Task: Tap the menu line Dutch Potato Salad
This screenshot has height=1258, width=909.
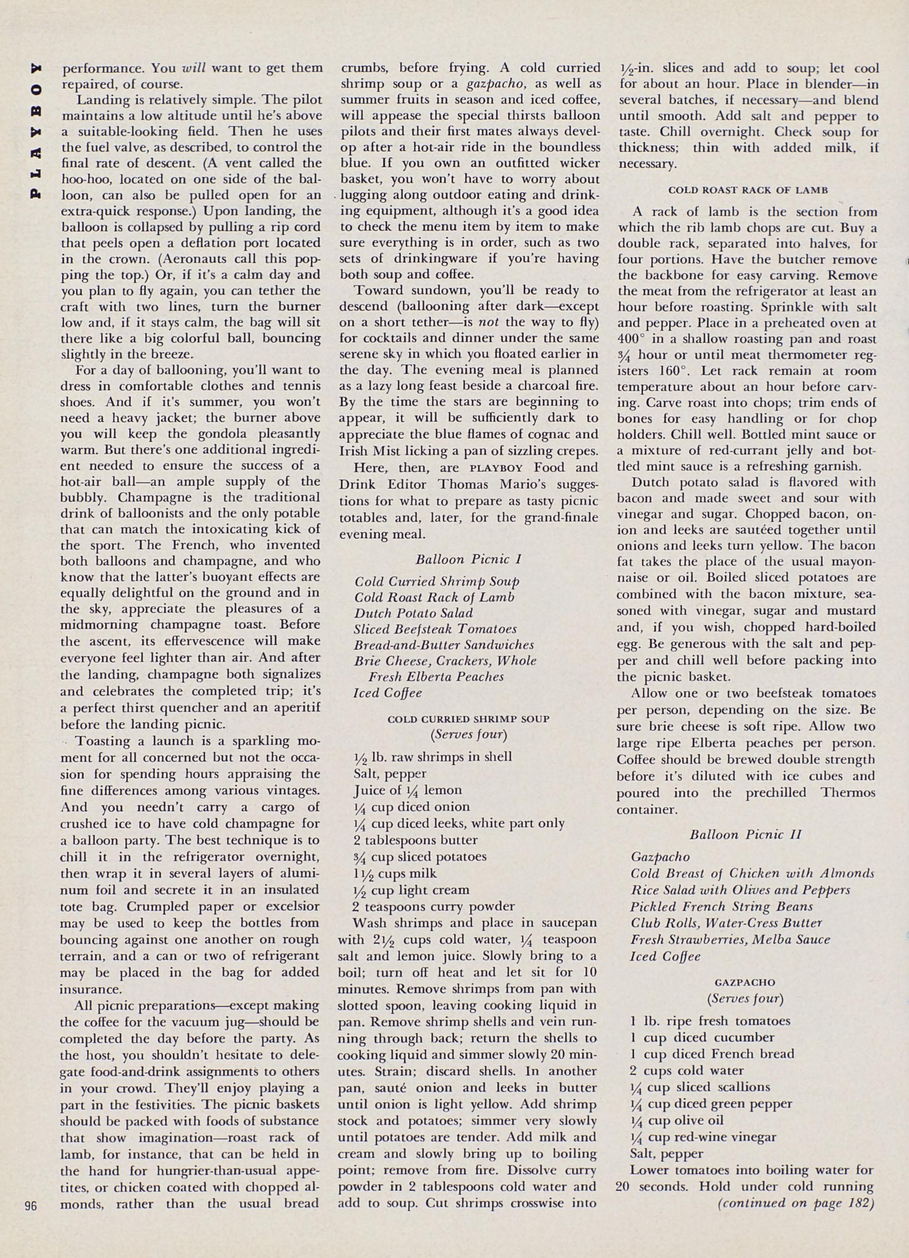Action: pos(413,613)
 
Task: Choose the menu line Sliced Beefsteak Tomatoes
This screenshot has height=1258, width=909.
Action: pos(435,629)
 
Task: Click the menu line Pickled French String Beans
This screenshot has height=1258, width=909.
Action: pos(721,906)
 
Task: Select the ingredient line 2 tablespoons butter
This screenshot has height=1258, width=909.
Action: pos(415,840)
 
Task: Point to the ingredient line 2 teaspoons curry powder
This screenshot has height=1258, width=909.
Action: pos(434,906)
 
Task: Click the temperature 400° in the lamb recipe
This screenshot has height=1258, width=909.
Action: pos(629,339)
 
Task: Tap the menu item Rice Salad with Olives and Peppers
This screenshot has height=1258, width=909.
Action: pos(740,890)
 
